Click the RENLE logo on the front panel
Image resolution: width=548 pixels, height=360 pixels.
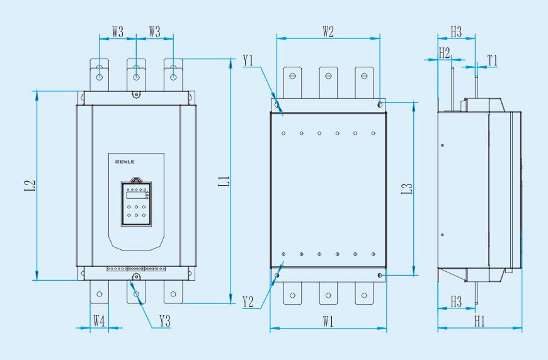pyautogui.click(x=124, y=161)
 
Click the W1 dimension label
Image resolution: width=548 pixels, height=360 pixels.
pyautogui.click(x=328, y=320)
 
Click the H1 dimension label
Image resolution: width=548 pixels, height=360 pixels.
pyautogui.click(x=479, y=320)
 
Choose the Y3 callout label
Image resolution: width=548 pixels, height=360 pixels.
pyautogui.click(x=165, y=320)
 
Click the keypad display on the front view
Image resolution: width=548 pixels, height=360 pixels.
pyautogui.click(x=134, y=194)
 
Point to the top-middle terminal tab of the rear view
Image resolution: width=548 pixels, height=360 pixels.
pyautogui.click(x=328, y=78)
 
